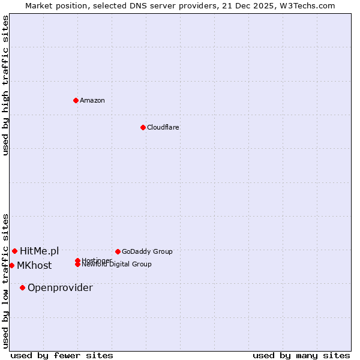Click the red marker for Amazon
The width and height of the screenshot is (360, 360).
76,100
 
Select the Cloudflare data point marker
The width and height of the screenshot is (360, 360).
143,127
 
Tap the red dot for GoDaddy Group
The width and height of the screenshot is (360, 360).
118,251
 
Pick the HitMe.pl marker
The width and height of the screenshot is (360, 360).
14,251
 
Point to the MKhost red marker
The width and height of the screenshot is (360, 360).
11,265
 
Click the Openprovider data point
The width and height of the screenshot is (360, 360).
22,287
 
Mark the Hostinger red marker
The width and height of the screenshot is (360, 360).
77,260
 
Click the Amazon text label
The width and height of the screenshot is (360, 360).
92,100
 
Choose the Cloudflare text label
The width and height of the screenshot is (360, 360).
163,127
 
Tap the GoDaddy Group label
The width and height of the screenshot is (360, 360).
147,251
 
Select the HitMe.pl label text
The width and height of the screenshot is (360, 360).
40,251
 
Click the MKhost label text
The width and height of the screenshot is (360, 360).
34,265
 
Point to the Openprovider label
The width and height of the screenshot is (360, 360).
60,287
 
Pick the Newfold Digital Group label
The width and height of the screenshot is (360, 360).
117,265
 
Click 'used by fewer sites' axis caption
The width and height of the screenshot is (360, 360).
62,355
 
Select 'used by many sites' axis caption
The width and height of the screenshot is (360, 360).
301,355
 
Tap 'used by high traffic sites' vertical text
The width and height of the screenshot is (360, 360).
5,85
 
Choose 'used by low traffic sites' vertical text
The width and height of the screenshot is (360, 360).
5,280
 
